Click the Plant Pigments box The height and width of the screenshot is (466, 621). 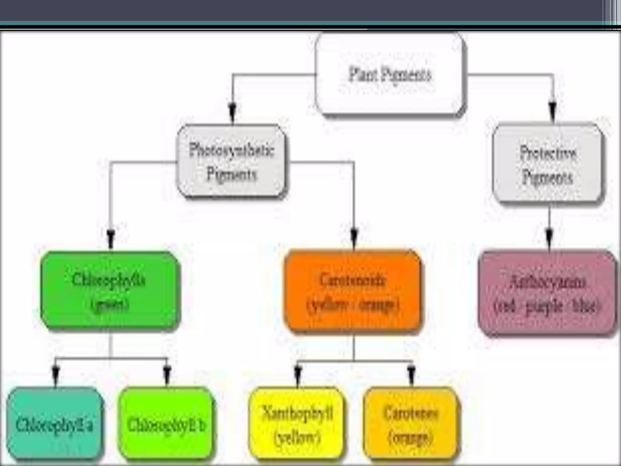tap(390, 75)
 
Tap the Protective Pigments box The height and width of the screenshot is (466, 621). tap(548, 164)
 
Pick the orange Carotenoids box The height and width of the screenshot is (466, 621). tap(353, 291)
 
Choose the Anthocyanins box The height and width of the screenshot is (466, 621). tap(548, 293)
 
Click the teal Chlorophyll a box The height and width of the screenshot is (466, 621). tap(55, 423)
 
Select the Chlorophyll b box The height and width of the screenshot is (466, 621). tap(166, 423)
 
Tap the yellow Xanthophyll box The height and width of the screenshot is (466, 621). tap(297, 423)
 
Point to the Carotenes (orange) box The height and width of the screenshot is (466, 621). tap(411, 423)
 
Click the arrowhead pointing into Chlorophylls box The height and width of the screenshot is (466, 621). tap(111, 238)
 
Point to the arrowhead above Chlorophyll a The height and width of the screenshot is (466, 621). tap(55, 374)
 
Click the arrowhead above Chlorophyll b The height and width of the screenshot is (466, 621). tap(167, 374)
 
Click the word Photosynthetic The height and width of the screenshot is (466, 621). tap(232, 150)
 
